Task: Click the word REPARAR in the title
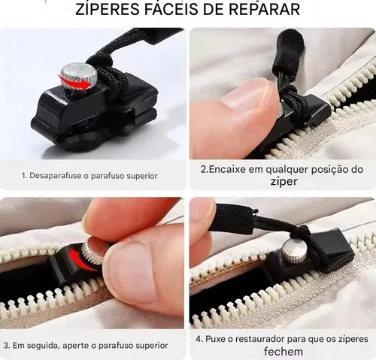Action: click(x=267, y=11)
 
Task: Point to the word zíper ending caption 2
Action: click(x=281, y=183)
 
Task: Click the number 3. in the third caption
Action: click(x=7, y=345)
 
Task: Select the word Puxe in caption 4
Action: click(x=215, y=338)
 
